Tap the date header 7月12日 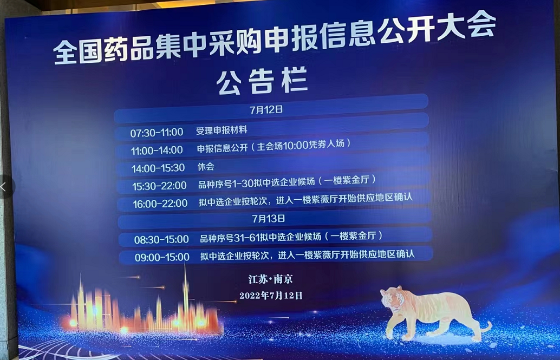point(266,109)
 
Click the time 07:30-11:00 point(157,132)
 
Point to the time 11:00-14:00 point(157,150)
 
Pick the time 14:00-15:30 point(158,168)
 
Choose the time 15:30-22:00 point(159,186)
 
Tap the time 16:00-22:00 point(160,204)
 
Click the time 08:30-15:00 point(161,239)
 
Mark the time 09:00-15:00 point(162,257)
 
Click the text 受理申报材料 point(222,130)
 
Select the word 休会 point(206,167)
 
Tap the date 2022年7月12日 point(271,296)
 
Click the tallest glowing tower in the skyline point(185,295)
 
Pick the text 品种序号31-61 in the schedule point(229,237)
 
